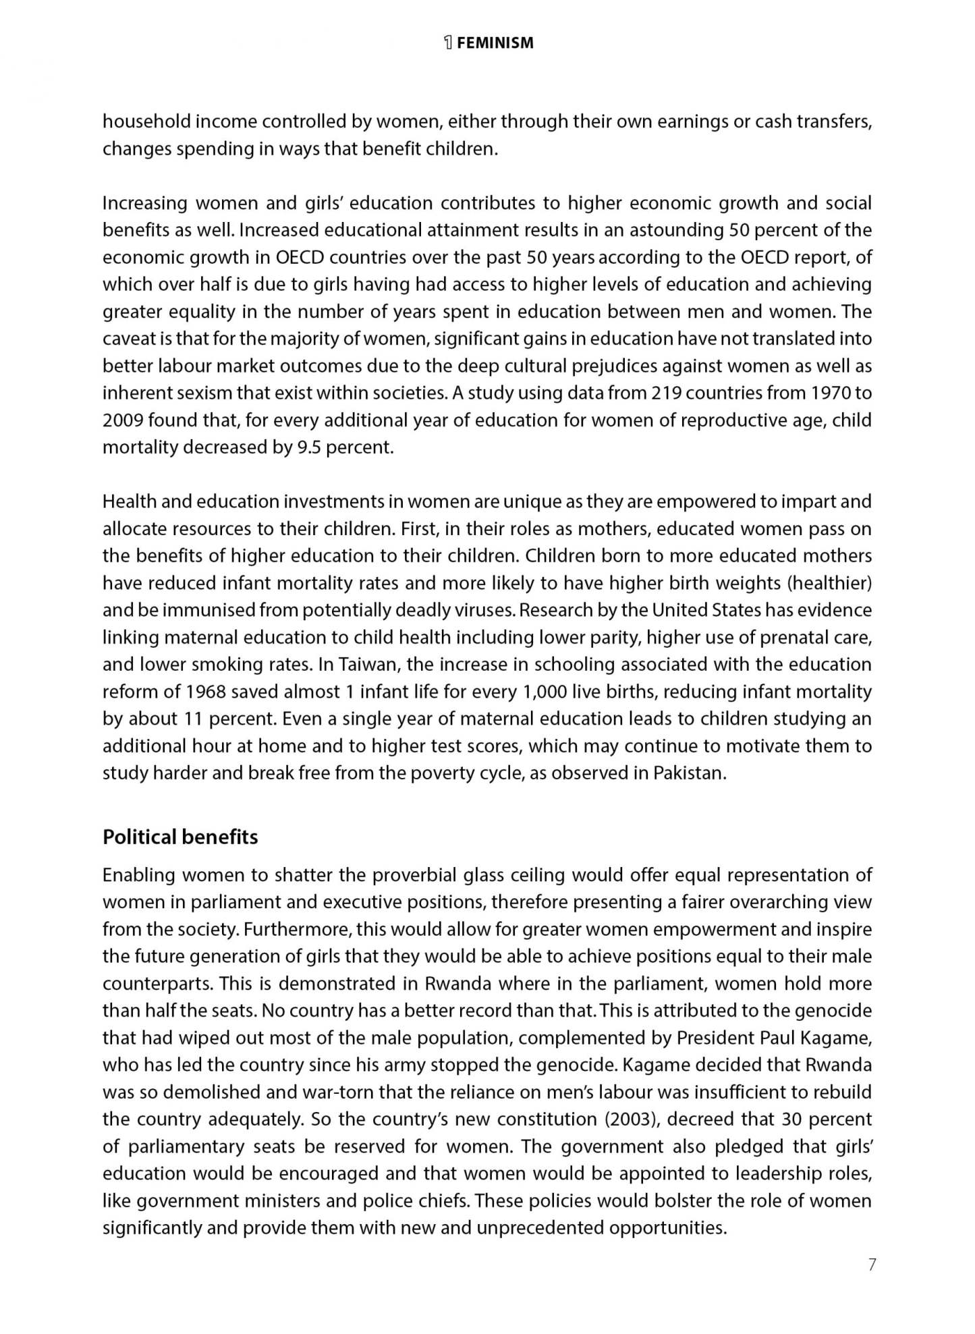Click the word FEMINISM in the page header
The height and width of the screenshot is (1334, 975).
[x=495, y=43]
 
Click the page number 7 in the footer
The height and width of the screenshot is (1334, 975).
[x=872, y=1264]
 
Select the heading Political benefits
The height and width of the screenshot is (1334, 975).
[x=180, y=837]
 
